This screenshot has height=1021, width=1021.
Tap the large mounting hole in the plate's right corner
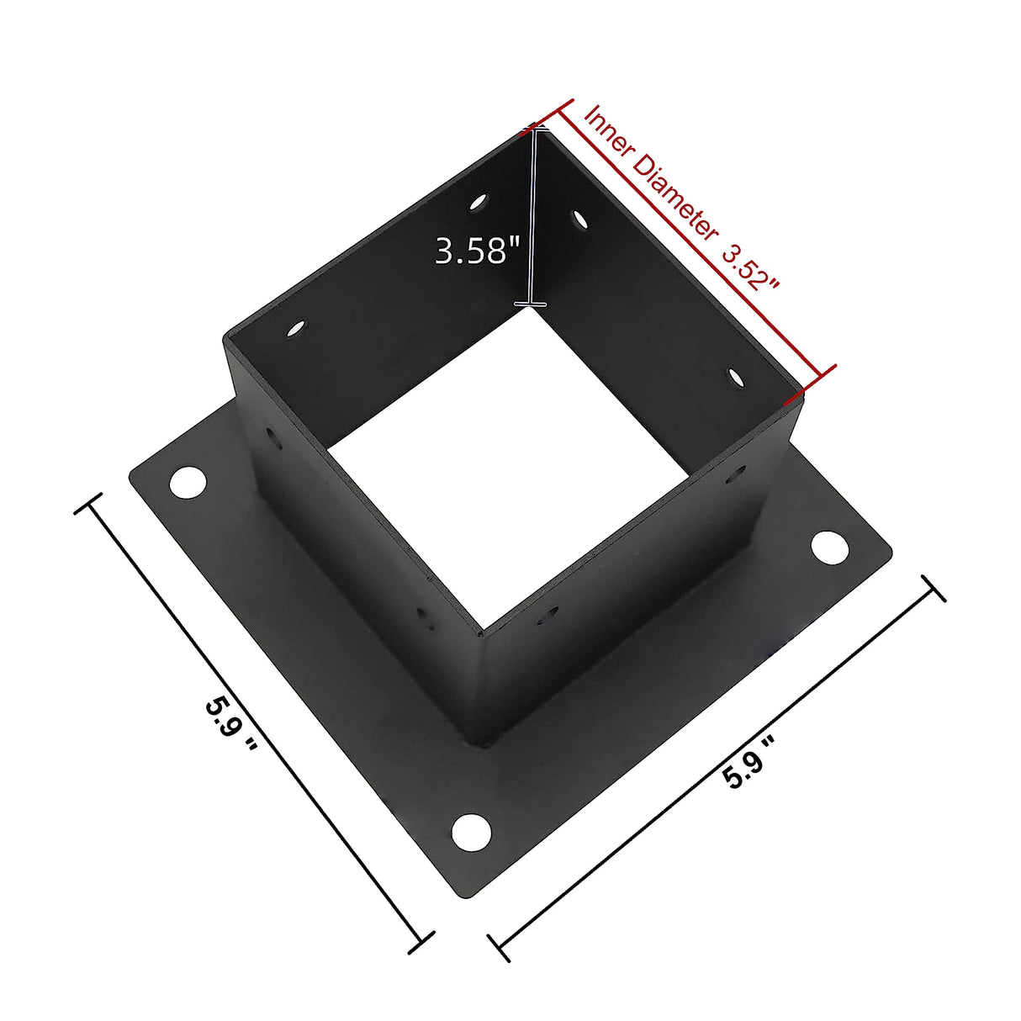point(829,547)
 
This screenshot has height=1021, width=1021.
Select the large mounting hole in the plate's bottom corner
point(471,831)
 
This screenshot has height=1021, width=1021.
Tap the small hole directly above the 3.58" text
point(479,202)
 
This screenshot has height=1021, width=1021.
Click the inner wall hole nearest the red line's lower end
point(737,378)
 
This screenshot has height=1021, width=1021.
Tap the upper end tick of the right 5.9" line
point(934,589)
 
